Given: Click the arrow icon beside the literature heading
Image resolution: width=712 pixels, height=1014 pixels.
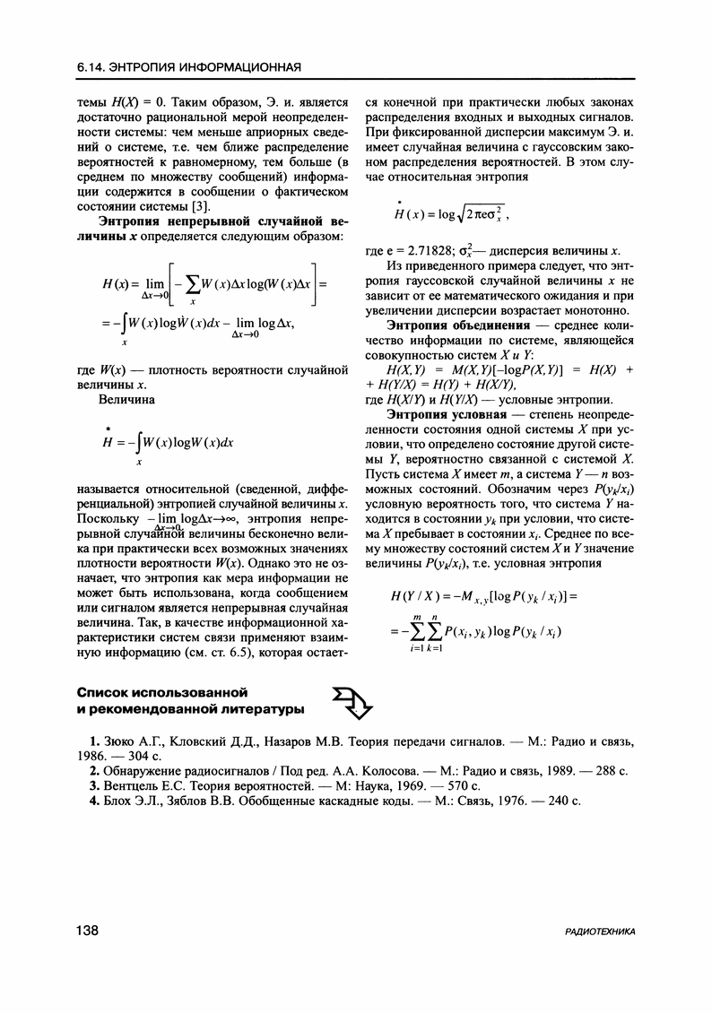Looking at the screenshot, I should coord(352,701).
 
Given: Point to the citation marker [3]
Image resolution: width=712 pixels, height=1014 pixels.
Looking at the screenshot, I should coord(200,209).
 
